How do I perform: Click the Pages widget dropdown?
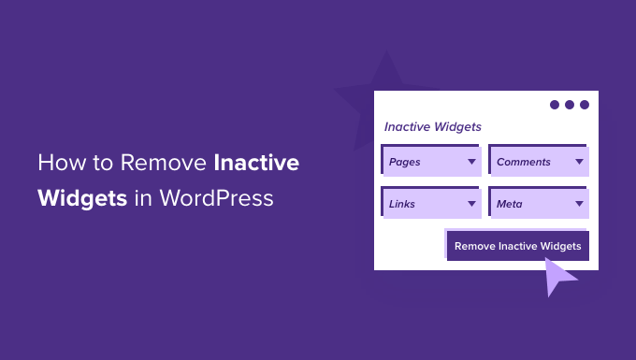click(431, 162)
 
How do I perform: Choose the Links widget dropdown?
click(431, 203)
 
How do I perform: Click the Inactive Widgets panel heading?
click(432, 126)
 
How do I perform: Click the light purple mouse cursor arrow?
click(560, 275)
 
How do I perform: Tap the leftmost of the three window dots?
click(555, 105)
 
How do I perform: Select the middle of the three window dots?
click(570, 105)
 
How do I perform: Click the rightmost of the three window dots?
click(585, 105)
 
